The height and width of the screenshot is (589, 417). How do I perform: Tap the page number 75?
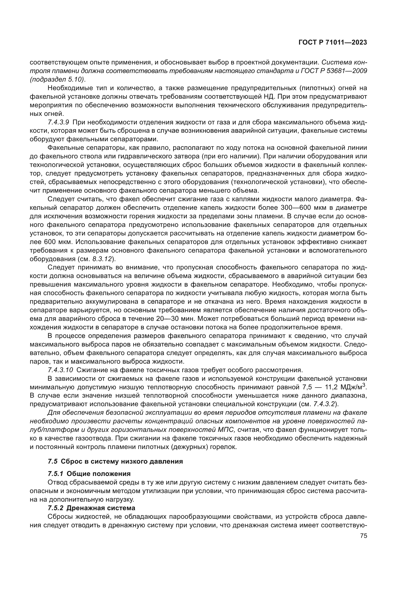coord(363,536)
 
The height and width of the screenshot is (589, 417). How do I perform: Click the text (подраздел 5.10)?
coord(57,80)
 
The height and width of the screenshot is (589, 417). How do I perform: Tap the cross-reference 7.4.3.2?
coord(324,404)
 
